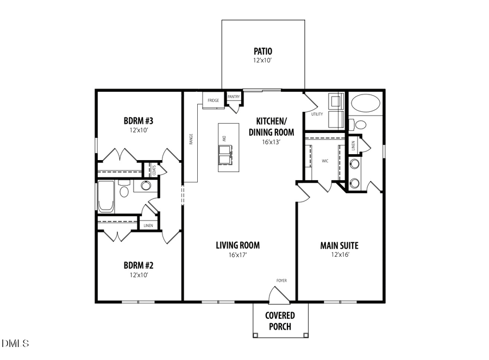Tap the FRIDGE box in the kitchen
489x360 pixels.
(x=213, y=100)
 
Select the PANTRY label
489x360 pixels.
(x=234, y=97)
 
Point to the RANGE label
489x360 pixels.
(x=191, y=140)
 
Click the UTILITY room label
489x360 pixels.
(x=317, y=114)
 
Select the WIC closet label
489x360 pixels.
(x=325, y=161)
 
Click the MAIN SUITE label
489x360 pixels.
(x=339, y=245)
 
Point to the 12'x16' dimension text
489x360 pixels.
(x=339, y=255)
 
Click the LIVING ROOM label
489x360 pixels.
(x=238, y=245)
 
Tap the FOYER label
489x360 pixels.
(x=281, y=280)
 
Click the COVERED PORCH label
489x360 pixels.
(x=280, y=321)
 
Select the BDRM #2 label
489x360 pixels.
(x=139, y=266)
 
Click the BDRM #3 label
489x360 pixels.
(x=139, y=121)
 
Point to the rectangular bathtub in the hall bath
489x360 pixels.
(x=105, y=197)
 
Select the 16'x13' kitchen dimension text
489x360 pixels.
(x=271, y=142)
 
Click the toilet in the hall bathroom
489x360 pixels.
(x=124, y=192)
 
